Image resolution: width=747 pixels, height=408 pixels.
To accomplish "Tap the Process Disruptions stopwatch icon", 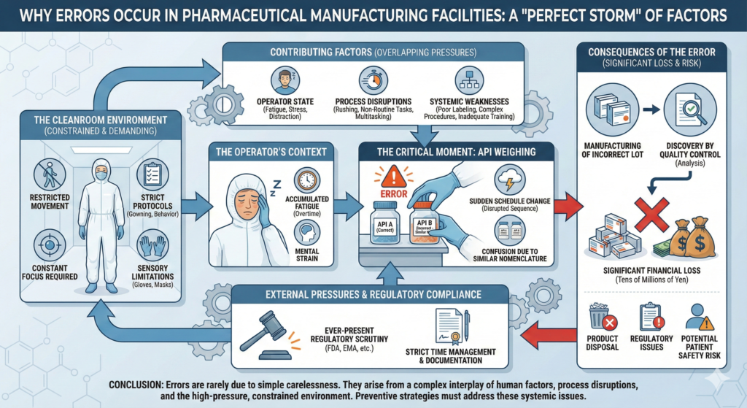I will tap(373, 79).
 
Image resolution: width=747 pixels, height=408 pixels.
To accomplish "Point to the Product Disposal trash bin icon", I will tap(604, 319).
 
